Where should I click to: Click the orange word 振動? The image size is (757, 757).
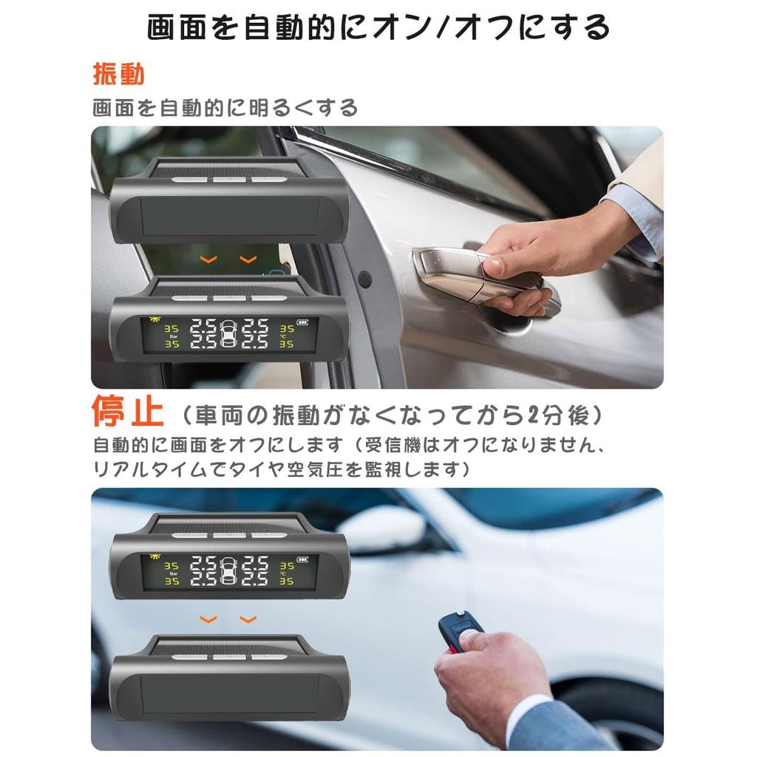coord(118,75)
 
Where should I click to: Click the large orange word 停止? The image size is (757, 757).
coord(128,413)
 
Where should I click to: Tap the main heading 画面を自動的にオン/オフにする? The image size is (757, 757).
coord(378,27)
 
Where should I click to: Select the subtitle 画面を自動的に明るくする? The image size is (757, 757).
coord(225,109)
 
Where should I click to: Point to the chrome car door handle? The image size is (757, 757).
coord(473,277)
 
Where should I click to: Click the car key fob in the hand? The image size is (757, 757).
coord(459,632)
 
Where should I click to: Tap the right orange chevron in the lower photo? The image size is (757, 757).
coord(248,619)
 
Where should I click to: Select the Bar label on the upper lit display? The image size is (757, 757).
coord(172,336)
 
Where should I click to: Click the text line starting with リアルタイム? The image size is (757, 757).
coord(281,469)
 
